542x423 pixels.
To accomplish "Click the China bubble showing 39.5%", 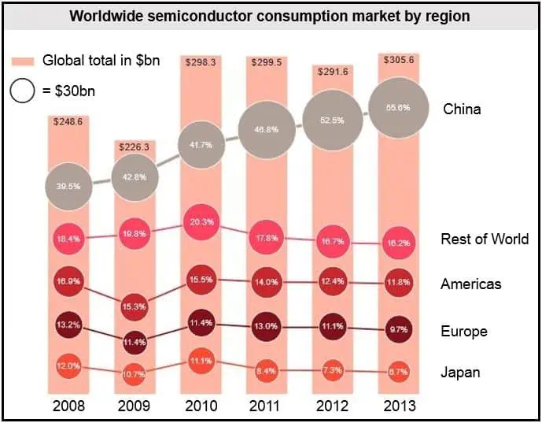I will click(x=68, y=187).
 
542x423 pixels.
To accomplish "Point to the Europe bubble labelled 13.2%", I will click(x=68, y=323).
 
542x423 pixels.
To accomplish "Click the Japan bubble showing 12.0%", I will click(x=68, y=366).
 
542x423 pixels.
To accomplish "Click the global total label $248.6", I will click(x=68, y=122).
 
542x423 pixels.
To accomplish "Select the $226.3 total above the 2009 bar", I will click(x=135, y=147).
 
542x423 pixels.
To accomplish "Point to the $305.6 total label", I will click(x=399, y=60).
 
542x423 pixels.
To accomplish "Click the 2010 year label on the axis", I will click(x=201, y=407).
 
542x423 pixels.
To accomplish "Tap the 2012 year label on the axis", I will click(x=333, y=407).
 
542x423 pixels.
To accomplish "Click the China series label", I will click(x=462, y=109).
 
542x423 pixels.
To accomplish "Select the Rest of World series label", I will click(x=485, y=239).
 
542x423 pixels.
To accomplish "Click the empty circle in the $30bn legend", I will click(x=23, y=92).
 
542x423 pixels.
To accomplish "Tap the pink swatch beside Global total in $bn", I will click(x=23, y=61).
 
